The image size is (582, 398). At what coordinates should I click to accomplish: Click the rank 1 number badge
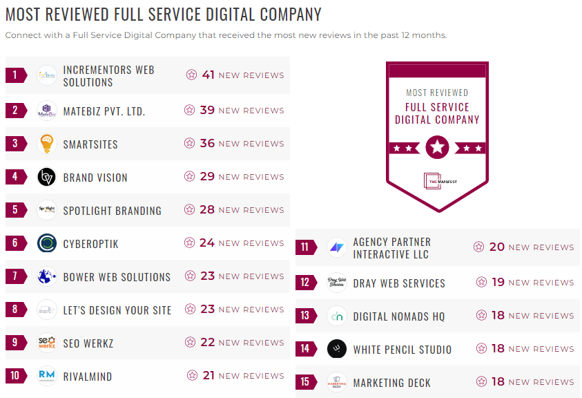[x=14, y=75]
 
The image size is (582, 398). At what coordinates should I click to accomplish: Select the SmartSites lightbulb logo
[x=47, y=144]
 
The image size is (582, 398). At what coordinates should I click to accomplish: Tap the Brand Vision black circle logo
[x=47, y=177]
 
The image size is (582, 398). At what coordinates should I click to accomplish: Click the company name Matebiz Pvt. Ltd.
[x=104, y=111]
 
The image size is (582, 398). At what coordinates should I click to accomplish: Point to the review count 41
[x=208, y=75]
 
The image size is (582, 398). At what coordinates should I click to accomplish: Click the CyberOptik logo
[x=47, y=243]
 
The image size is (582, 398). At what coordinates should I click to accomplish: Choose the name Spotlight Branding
[x=112, y=211]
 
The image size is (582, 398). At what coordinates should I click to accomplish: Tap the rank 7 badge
[x=14, y=276]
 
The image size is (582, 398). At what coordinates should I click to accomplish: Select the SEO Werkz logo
[x=47, y=343]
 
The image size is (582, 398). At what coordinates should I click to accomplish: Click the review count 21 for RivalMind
[x=208, y=375]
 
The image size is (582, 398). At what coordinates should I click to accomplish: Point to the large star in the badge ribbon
[x=437, y=147]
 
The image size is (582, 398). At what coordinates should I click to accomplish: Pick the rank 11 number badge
[x=304, y=247]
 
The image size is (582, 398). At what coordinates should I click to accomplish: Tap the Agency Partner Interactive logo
[x=337, y=247]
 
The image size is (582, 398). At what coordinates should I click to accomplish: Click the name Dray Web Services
[x=399, y=283]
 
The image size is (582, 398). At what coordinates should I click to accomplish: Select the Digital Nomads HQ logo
[x=337, y=316]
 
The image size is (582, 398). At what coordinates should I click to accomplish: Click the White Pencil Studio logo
[x=337, y=349]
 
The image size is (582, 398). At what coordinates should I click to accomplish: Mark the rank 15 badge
[x=304, y=382]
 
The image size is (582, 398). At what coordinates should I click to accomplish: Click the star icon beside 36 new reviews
[x=189, y=144]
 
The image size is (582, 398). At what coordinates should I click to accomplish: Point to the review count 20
[x=497, y=247]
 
